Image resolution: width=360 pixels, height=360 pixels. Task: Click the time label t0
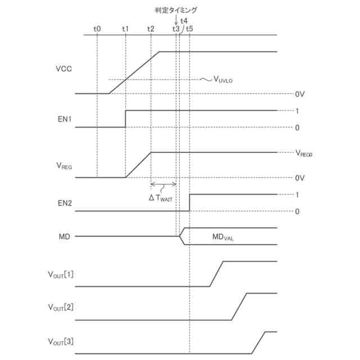tap(97, 29)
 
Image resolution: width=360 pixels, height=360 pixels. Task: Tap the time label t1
tap(125, 29)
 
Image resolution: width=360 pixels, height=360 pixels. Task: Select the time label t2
tap(151, 29)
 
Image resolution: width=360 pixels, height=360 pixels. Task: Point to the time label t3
tap(176, 29)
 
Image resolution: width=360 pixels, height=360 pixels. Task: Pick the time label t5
tap(190, 29)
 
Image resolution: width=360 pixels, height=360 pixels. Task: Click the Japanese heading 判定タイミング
tap(176, 10)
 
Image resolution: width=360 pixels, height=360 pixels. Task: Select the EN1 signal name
tap(64, 119)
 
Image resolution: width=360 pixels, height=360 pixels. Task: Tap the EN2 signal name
tap(64, 203)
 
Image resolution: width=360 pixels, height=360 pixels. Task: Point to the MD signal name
tap(64, 236)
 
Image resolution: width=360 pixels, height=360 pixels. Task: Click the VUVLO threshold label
tap(223, 80)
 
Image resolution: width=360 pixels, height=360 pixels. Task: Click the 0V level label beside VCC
tap(299, 94)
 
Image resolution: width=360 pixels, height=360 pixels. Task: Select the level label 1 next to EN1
tap(296, 110)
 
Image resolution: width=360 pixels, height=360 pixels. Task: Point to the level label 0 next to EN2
tap(296, 211)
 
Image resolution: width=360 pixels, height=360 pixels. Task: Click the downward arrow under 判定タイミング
tap(176, 20)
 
